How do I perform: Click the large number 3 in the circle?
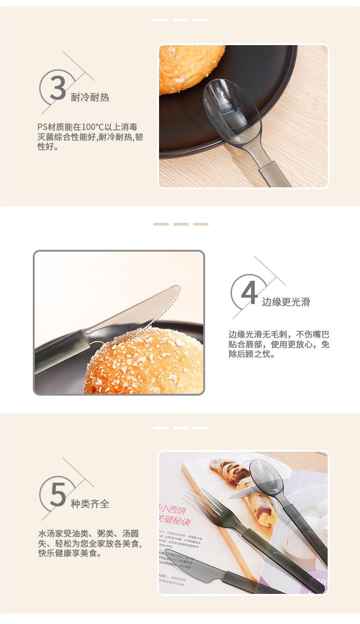point(57,87)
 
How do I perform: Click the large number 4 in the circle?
point(249,292)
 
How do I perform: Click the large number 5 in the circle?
point(57,494)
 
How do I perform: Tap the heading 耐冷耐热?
point(90,98)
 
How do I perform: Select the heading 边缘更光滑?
point(286,302)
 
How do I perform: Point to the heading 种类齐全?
point(90,504)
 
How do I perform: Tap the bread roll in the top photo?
point(189,66)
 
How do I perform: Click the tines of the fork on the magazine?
point(207,504)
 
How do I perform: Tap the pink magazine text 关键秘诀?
point(174,521)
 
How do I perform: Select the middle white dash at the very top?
point(181,20)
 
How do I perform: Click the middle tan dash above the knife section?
point(181,224)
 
